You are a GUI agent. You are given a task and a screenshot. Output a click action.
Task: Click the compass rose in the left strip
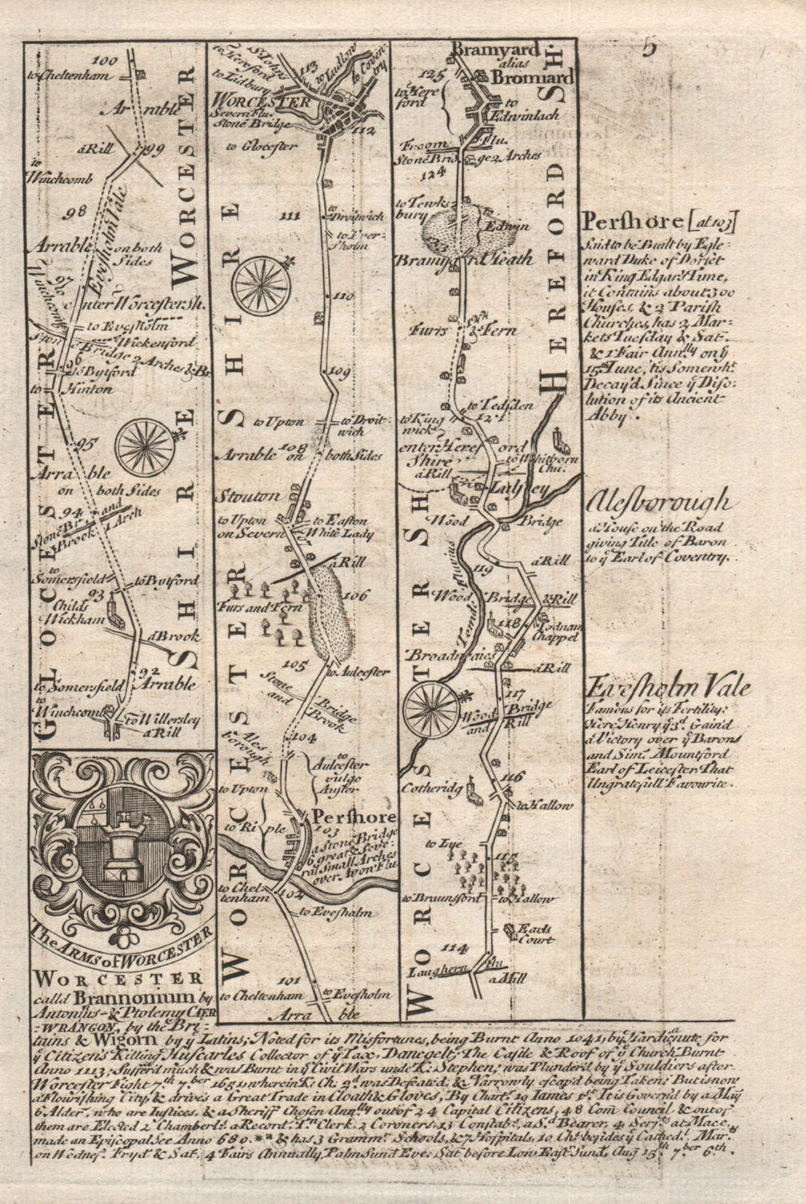144,445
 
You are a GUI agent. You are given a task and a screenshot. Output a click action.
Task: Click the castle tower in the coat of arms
123,849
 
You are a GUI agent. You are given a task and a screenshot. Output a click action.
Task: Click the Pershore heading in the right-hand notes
633,221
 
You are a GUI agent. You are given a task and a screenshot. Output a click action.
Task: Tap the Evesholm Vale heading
669,689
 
